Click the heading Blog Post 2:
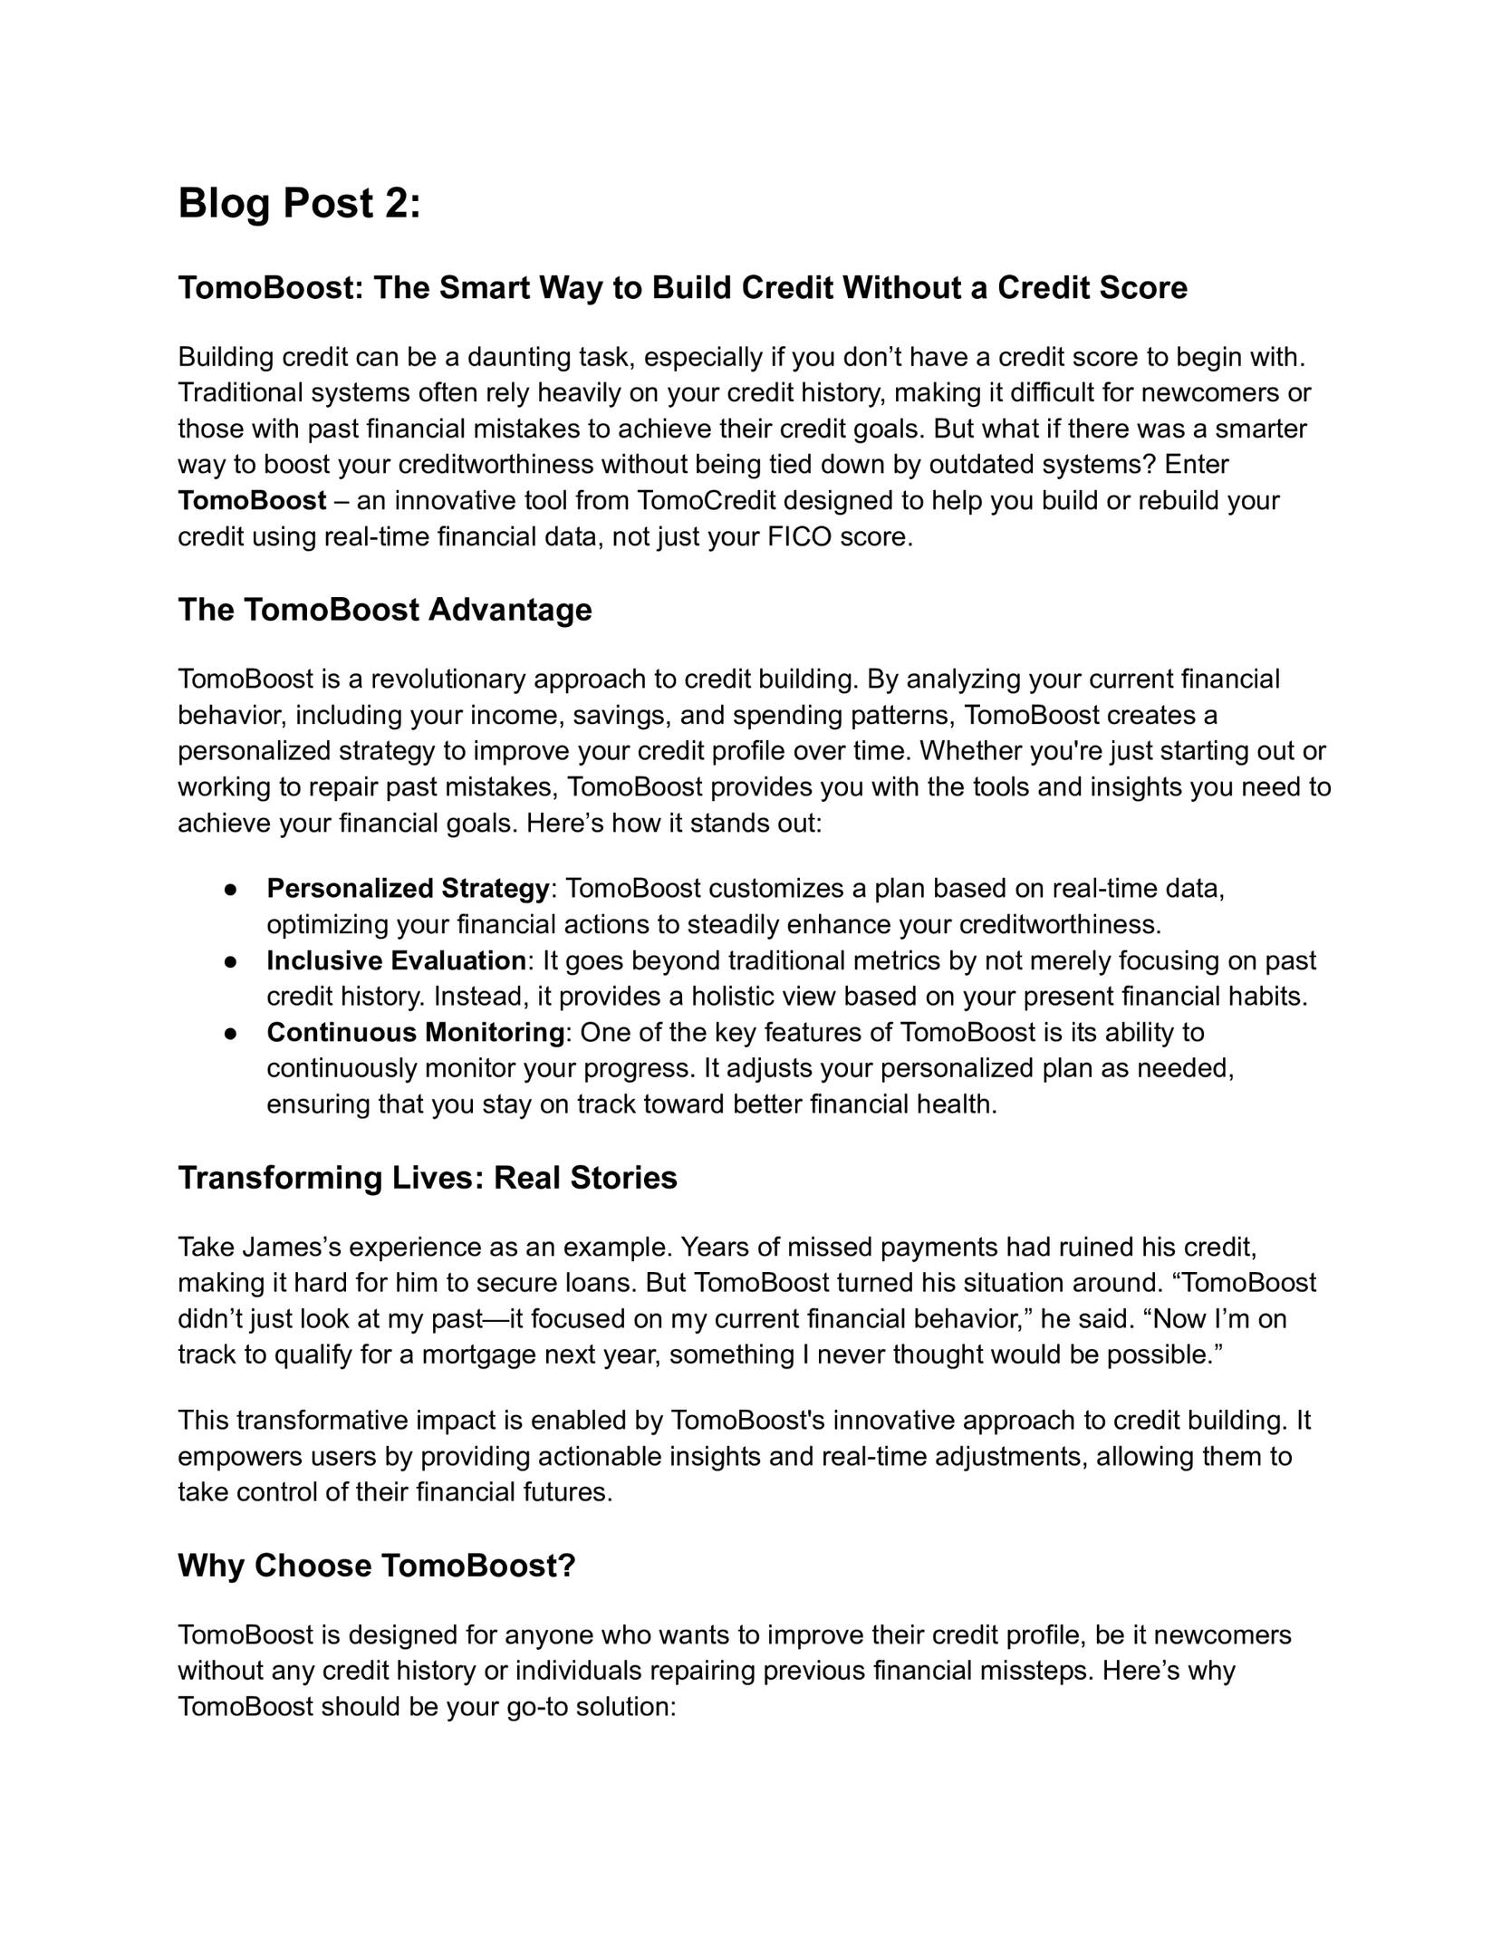pyautogui.click(x=299, y=203)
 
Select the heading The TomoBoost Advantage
pyautogui.click(x=384, y=610)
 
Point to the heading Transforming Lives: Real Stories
pyautogui.click(x=427, y=1178)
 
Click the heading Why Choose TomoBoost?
pyautogui.click(x=376, y=1566)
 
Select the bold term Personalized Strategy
pyautogui.click(x=408, y=889)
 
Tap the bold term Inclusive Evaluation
pyautogui.click(x=396, y=960)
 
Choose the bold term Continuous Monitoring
pyautogui.click(x=415, y=1032)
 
